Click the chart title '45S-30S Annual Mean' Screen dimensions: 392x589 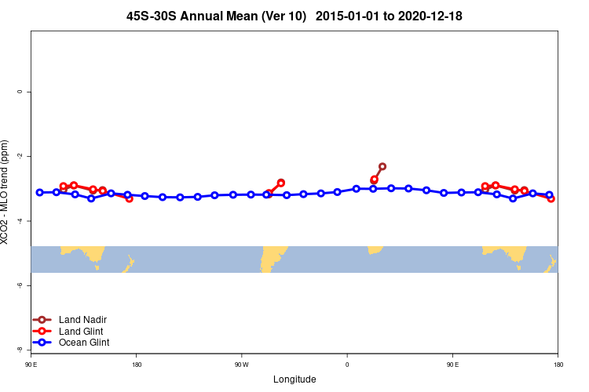coord(216,16)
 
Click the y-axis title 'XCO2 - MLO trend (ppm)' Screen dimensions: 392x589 coord(5,192)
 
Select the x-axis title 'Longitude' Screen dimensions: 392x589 coord(294,379)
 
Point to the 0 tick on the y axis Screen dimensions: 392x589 coord(20,92)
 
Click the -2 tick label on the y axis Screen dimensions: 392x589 coord(20,156)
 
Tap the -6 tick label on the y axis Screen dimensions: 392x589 coord(20,285)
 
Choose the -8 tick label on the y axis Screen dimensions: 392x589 coord(20,350)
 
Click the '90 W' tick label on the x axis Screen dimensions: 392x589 coord(241,365)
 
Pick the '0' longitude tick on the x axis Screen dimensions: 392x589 coord(347,365)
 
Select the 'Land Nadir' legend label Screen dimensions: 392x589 coord(82,320)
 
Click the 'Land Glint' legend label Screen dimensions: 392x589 coord(82,331)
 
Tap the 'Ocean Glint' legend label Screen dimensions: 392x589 coord(84,343)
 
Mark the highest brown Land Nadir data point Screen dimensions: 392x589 coord(382,166)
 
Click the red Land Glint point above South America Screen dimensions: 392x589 coord(281,183)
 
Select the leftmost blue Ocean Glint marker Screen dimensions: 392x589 coord(39,192)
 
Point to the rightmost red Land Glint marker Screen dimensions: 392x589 coord(551,198)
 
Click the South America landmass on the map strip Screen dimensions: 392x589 coord(273,256)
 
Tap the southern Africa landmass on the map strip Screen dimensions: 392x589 coord(375,249)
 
